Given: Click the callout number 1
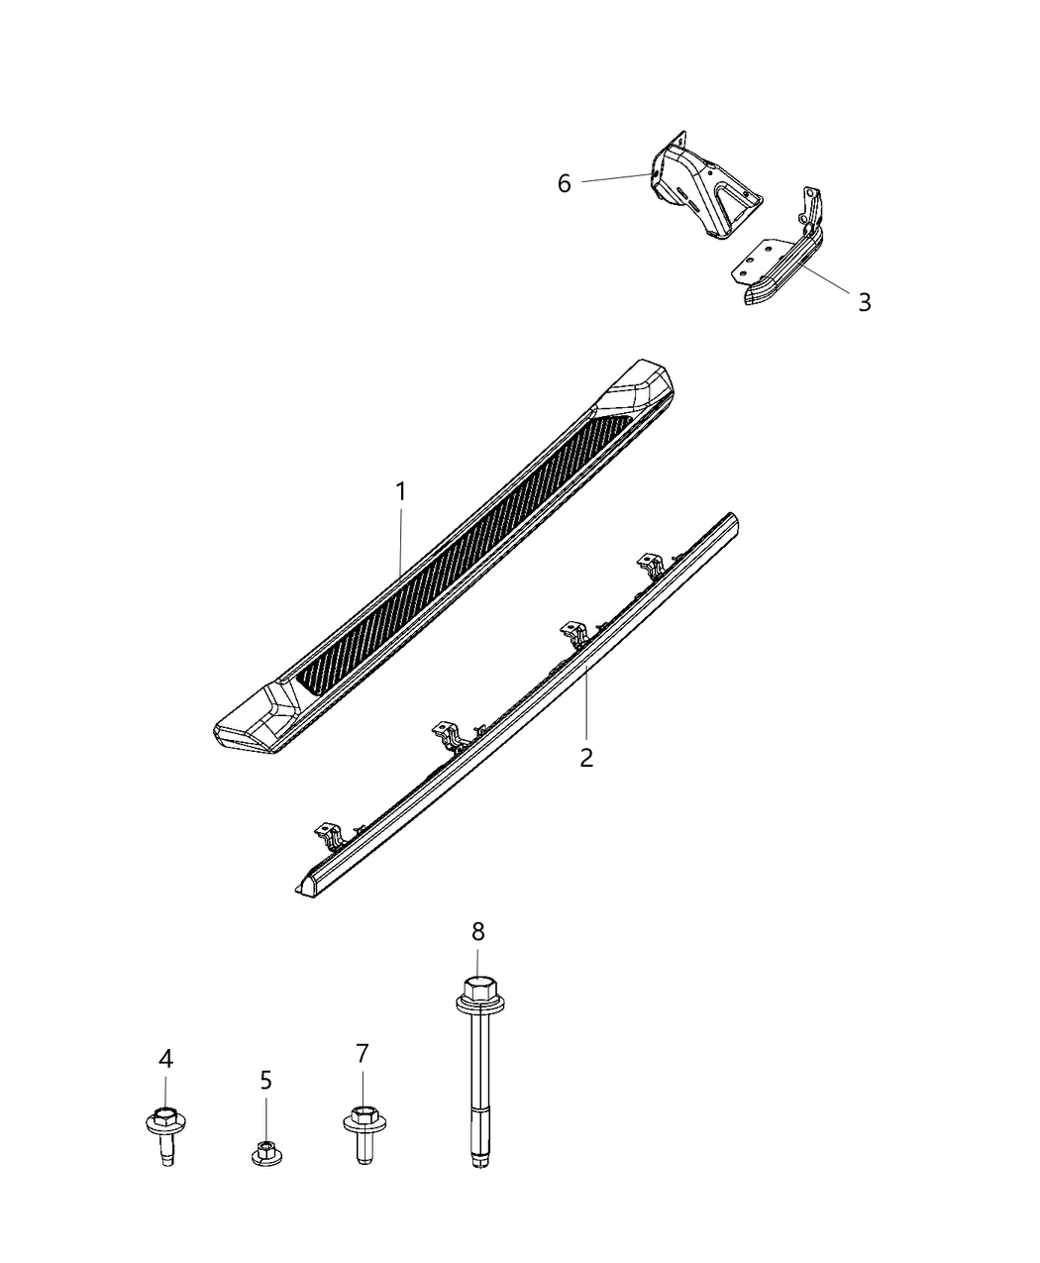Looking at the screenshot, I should coord(401,491).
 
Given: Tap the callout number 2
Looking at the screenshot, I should coord(586,759).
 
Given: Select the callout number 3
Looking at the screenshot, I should coord(865,302).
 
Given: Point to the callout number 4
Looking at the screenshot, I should coord(165,1059).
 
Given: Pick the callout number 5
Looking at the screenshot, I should coord(265,1080).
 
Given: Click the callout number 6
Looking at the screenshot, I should coord(565,183).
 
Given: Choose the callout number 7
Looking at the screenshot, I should coord(362,1053).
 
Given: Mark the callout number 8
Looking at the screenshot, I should coord(478,931).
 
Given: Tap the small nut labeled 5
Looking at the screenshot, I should coord(264,1153).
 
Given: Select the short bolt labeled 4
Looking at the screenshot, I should coord(165,1134).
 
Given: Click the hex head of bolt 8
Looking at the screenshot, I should coord(478,989).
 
